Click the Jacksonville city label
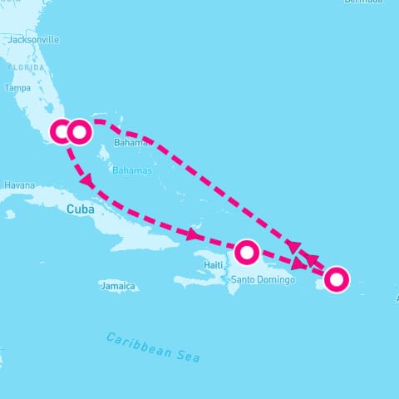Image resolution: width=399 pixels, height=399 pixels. click(x=33, y=39)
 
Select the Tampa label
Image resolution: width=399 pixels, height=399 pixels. click(x=17, y=87)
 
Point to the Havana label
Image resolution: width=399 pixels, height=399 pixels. click(x=19, y=185)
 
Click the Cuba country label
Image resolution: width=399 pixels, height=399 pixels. click(x=79, y=209)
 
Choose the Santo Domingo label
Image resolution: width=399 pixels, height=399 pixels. click(x=264, y=280)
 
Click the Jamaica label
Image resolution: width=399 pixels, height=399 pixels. click(x=116, y=286)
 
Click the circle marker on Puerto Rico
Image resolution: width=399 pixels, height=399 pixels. click(x=336, y=279)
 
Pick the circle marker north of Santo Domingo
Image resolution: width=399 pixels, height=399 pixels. click(x=247, y=251)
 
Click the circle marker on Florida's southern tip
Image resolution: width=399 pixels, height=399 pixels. click(x=62, y=131)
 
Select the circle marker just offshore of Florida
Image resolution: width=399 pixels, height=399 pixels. click(x=79, y=131)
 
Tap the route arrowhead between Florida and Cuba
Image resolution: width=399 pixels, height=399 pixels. click(x=85, y=180)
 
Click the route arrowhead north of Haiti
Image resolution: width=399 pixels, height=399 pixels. click(x=194, y=235)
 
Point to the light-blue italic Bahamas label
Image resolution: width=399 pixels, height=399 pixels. click(x=137, y=170)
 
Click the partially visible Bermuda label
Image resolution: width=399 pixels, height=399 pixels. click(x=366, y=2)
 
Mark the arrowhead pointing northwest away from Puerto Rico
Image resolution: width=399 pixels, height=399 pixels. click(x=312, y=259)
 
